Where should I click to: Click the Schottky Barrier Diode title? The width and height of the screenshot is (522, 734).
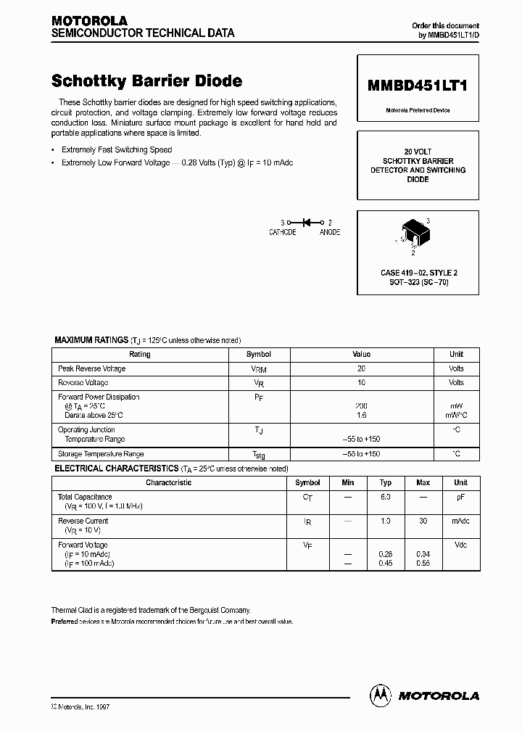tap(146, 81)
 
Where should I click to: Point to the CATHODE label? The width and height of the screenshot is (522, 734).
tap(282, 232)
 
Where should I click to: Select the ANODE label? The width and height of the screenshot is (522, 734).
tap(329, 232)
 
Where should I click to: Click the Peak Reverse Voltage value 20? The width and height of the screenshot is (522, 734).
tap(361, 368)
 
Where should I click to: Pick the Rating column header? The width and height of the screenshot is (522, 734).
tap(139, 355)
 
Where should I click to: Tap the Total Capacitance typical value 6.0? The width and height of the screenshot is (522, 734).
tap(386, 497)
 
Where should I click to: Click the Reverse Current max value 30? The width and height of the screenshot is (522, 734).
tap(423, 521)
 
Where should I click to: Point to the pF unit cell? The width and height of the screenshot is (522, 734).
tap(460, 497)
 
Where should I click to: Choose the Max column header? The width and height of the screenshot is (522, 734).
tap(423, 482)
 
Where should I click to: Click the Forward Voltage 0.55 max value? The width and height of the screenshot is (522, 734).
tap(423, 564)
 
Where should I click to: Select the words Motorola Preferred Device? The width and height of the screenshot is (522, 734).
tap(417, 110)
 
